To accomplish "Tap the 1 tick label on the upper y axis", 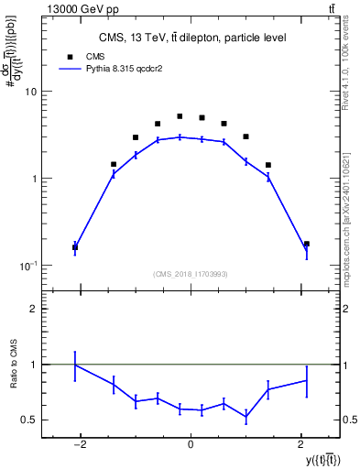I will tap(33, 179).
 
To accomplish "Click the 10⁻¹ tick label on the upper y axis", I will tap(28, 266).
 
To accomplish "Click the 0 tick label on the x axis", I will tap(191, 446).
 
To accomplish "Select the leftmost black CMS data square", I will tap(75, 247).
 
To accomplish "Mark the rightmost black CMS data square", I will tap(306, 244).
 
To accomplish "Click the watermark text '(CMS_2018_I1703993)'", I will tap(191, 274).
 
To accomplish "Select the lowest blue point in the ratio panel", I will tap(245, 418).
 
